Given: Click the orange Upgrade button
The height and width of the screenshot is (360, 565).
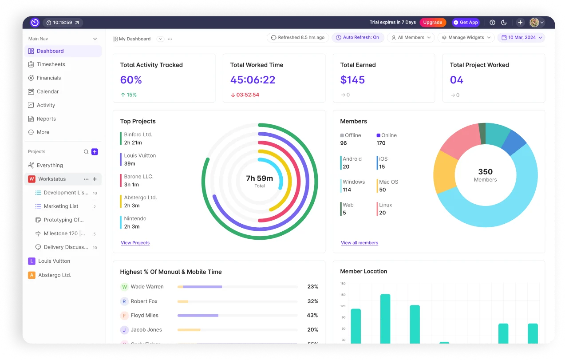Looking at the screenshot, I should [x=432, y=22].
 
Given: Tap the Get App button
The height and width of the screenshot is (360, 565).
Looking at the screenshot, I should [x=466, y=22].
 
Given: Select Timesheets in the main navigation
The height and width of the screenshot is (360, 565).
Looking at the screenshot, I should [x=51, y=64].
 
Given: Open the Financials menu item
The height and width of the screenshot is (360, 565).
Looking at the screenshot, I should [x=49, y=78].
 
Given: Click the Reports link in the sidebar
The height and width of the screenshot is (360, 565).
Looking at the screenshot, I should [x=46, y=119].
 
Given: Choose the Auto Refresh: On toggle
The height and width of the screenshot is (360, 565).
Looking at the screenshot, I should [x=357, y=38].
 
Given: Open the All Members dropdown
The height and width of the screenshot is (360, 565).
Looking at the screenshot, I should [x=411, y=38].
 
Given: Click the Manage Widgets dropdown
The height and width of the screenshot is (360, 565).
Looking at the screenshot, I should [x=466, y=38].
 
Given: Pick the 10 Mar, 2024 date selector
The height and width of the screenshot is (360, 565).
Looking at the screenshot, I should [x=522, y=38].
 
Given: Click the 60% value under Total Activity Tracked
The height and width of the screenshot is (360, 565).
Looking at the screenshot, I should [x=131, y=80].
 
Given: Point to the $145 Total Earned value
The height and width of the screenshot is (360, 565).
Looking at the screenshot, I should [x=352, y=80].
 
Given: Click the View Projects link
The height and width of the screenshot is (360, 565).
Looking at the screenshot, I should [x=135, y=243].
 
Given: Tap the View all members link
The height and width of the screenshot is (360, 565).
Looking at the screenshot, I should [x=360, y=243].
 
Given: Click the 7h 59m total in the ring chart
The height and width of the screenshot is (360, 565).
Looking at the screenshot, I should [x=259, y=178].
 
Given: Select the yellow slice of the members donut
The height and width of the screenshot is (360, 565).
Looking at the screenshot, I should [x=444, y=172].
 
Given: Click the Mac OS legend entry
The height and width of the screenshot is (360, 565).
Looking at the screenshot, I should [x=388, y=182].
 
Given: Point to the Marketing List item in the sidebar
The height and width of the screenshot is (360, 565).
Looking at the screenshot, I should [x=61, y=206].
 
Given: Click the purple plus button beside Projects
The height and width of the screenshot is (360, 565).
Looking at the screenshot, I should [x=95, y=152].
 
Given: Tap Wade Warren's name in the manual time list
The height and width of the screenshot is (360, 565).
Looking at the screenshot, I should [x=147, y=287].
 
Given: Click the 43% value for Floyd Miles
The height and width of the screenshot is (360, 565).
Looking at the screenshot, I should [x=312, y=316].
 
